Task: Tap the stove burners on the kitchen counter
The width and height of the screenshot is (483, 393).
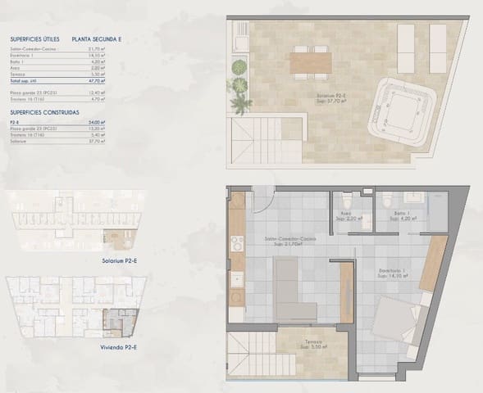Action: [x=238, y=243]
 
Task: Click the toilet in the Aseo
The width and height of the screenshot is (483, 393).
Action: [x=348, y=200]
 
